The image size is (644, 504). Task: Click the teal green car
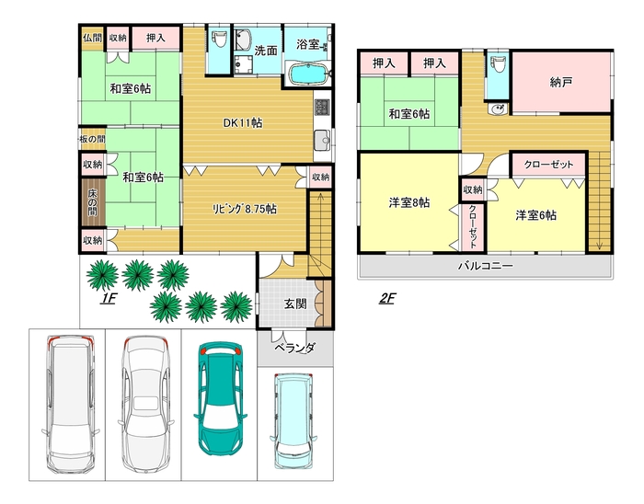tap(220, 399)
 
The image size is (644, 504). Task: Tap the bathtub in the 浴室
tap(309, 74)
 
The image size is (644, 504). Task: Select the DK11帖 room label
tap(242, 122)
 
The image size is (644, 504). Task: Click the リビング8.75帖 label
tap(244, 209)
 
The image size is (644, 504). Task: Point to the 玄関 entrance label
tap(295, 304)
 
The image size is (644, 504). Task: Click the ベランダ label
tap(295, 348)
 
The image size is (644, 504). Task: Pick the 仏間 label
tap(92, 38)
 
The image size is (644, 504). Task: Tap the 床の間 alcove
tap(93, 202)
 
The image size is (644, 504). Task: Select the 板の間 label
tap(92, 139)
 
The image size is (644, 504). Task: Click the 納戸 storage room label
tap(561, 82)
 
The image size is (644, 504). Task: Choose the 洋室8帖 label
tap(409, 202)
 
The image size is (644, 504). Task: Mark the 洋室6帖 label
tap(536, 215)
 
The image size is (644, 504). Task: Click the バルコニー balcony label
tap(486, 266)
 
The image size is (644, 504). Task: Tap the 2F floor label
tap(387, 298)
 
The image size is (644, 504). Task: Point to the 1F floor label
tap(109, 298)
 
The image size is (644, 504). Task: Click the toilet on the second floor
tap(498, 63)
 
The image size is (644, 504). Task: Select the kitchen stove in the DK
tap(322, 108)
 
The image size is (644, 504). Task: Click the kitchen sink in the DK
tap(323, 140)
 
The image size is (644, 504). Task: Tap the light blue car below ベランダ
tap(293, 420)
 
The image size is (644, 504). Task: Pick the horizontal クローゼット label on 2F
tap(548, 165)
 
